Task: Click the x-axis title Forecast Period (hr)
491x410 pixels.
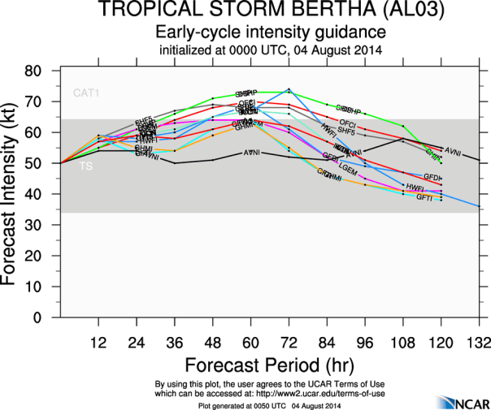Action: point(268,360)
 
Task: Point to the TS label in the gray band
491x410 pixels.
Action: point(85,167)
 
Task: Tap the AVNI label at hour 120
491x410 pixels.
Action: point(453,152)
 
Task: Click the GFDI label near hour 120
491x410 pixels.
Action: point(432,177)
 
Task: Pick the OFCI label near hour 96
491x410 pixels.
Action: point(348,122)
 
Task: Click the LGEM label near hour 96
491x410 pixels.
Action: point(347,166)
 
